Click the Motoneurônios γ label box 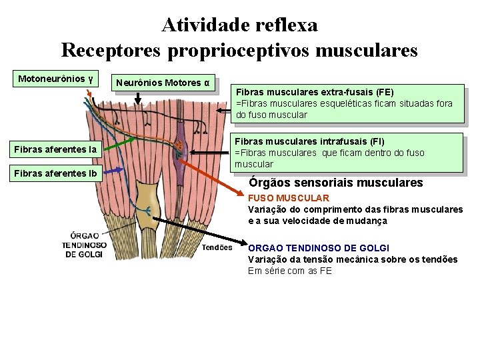pos(55,79)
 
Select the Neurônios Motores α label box pos(163,83)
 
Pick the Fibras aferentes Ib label pos(55,174)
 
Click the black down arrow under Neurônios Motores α pos(138,98)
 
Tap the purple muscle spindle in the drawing pos(179,150)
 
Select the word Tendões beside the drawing pos(217,246)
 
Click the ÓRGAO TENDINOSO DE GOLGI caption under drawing pos(85,245)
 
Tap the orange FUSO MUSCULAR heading pos(288,198)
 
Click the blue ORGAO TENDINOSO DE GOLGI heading pos(319,248)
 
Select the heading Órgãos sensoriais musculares pos(335,182)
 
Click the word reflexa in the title pos(286,25)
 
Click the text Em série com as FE pos(289,271)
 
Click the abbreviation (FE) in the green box pos(385,92)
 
